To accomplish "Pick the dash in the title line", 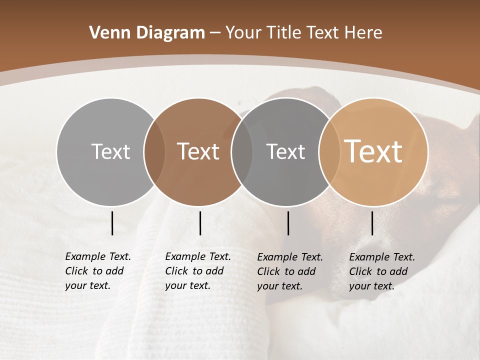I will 215,33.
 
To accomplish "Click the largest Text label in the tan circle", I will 373,151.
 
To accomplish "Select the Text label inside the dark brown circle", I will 198,151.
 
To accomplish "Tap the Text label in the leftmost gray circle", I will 110,151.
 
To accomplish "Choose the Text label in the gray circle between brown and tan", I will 285,151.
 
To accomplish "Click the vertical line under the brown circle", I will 200,223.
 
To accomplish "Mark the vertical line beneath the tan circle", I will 372,223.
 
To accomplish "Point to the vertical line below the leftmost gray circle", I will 112,223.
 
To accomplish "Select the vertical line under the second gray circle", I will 288,223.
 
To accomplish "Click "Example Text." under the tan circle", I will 382,257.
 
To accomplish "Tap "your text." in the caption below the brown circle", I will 187,286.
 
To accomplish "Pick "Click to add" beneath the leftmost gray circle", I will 94,271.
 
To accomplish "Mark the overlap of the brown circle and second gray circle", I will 242,151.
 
